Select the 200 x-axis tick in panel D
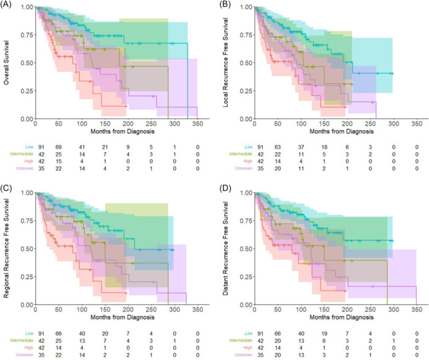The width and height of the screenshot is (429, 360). tap(345, 310)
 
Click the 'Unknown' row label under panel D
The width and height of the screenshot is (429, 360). tap(239, 356)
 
